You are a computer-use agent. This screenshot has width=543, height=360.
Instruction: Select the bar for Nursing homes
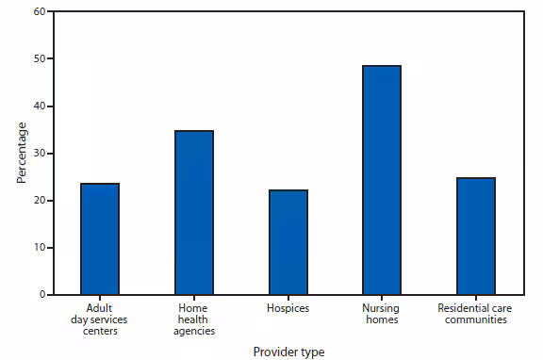click(382, 180)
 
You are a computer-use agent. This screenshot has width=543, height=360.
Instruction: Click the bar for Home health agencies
click(193, 213)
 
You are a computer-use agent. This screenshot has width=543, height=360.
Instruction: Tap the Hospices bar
click(288, 242)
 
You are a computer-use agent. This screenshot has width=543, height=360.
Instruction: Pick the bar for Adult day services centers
click(99, 239)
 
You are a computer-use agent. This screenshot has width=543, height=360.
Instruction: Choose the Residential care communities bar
click(476, 237)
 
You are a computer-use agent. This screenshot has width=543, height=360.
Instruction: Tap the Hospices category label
click(288, 308)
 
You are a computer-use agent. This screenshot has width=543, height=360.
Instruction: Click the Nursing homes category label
click(382, 314)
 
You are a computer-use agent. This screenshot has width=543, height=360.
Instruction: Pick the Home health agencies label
click(193, 319)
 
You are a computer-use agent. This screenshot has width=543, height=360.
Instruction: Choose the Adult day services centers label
click(99, 319)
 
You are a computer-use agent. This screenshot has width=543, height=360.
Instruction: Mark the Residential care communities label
click(476, 314)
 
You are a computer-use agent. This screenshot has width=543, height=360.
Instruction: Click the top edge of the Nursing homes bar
click(382, 66)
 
